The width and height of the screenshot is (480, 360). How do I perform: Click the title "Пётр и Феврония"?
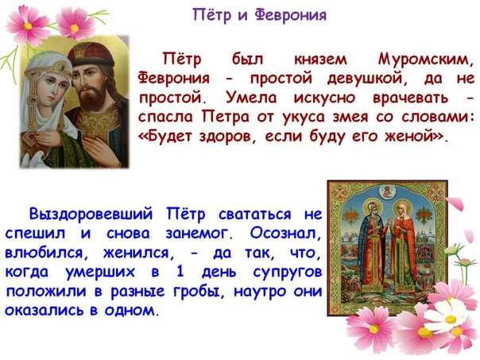tap(259, 15)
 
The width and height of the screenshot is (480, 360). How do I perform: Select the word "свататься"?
tap(241, 215)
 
